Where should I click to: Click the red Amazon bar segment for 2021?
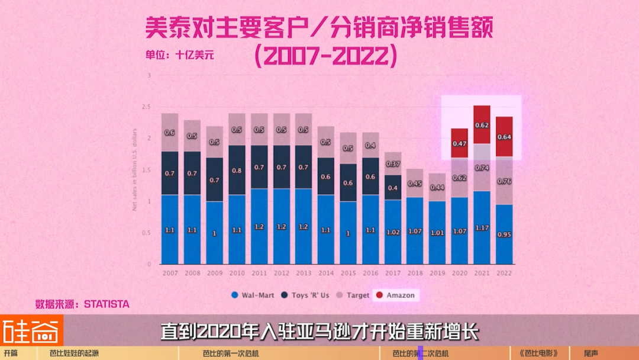(x=482, y=124)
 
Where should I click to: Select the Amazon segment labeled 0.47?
(x=459, y=143)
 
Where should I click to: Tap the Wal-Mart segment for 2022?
(x=504, y=234)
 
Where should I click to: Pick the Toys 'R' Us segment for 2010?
(x=237, y=170)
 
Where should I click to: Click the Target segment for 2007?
(x=170, y=132)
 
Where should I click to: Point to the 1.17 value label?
(x=482, y=227)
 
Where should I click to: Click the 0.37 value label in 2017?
(x=393, y=163)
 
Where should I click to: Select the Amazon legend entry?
(x=396, y=295)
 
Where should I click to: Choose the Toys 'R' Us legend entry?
(x=306, y=295)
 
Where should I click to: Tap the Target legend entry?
(x=353, y=295)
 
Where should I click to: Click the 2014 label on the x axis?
(x=326, y=274)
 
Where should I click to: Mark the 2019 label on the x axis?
(x=437, y=274)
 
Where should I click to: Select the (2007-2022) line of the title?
(x=324, y=56)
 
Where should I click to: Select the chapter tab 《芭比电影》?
(x=538, y=353)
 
